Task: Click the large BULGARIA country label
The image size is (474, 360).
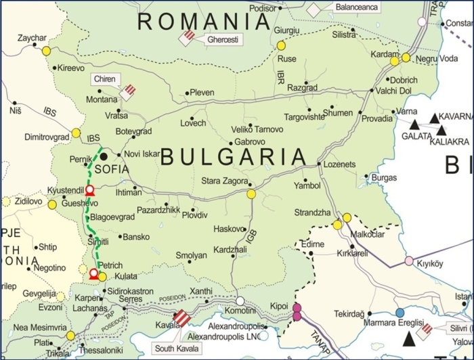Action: [x=234, y=157]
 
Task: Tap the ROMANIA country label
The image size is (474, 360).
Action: [x=204, y=22]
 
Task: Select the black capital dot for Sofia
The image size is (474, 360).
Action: [x=104, y=156]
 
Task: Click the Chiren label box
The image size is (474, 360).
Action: [x=104, y=79]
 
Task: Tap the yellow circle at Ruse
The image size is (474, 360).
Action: [x=281, y=45]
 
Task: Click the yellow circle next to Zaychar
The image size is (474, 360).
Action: [x=46, y=50]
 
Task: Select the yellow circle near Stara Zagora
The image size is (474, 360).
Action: [x=251, y=194]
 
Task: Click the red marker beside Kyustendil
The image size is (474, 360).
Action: [x=89, y=190]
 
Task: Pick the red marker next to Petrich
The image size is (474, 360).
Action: [x=93, y=274]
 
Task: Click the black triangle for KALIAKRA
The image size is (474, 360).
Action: [x=441, y=130]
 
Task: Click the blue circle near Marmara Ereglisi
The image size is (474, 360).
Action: [x=400, y=312]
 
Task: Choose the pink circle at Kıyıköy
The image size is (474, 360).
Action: [x=409, y=261]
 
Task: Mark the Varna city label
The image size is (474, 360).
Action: [x=406, y=111]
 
